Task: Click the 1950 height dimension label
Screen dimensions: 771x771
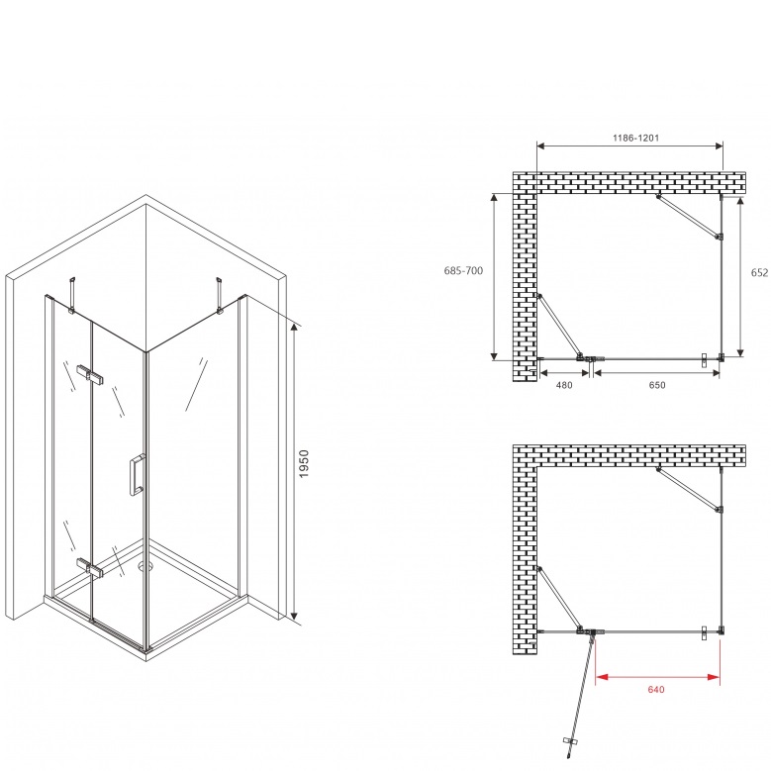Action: (x=304, y=463)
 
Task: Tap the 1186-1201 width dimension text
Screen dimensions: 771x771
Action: (x=635, y=139)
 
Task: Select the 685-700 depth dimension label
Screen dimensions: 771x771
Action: (x=463, y=270)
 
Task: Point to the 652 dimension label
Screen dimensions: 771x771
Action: (x=760, y=272)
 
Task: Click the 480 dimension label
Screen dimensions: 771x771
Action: (x=564, y=385)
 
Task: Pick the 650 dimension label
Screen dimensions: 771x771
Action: (x=657, y=385)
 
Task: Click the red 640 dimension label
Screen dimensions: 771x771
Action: (x=656, y=690)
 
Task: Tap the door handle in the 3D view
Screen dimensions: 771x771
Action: (x=137, y=475)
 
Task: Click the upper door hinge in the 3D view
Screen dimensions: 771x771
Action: (x=90, y=374)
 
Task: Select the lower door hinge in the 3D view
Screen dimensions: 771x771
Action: (x=90, y=567)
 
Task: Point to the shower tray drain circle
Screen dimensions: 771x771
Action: (x=144, y=566)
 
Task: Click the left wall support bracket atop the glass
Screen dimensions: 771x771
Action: (x=72, y=294)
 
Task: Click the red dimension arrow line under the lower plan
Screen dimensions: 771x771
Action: (x=658, y=677)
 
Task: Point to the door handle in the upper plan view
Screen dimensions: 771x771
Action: (x=704, y=360)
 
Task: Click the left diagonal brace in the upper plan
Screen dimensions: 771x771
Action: (x=560, y=326)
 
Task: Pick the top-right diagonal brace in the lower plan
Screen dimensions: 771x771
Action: (x=690, y=490)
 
